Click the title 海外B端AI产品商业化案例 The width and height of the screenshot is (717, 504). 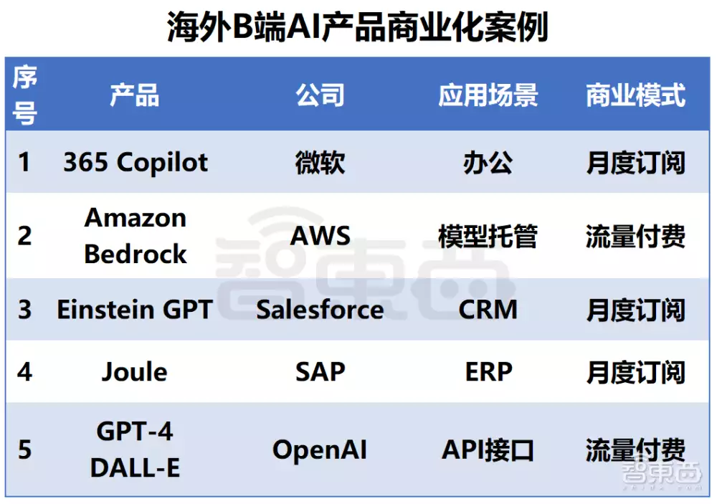click(x=357, y=27)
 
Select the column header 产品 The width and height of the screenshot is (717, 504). click(x=135, y=95)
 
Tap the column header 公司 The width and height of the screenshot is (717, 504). click(x=320, y=95)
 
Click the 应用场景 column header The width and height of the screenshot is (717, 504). click(x=488, y=95)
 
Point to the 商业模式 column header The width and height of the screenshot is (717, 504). click(x=635, y=95)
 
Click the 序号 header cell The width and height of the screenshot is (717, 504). click(x=24, y=95)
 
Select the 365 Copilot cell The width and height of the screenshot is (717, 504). click(x=136, y=162)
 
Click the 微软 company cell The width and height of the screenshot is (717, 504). click(x=320, y=163)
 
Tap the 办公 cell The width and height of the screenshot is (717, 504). click(x=488, y=163)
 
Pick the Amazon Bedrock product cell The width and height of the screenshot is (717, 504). click(x=136, y=235)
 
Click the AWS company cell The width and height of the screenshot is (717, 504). click(x=320, y=236)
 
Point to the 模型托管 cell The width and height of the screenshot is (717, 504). click(x=488, y=236)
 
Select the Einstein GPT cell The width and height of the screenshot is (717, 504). click(x=135, y=310)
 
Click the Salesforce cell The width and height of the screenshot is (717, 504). click(x=320, y=310)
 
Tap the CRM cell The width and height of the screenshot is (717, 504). click(x=488, y=310)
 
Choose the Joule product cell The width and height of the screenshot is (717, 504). click(x=135, y=371)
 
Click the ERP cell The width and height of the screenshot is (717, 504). click(x=488, y=371)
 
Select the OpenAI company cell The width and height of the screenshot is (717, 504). click(x=320, y=450)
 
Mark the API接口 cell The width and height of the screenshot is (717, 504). click(x=488, y=450)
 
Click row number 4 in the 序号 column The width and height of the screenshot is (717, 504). click(x=24, y=371)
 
